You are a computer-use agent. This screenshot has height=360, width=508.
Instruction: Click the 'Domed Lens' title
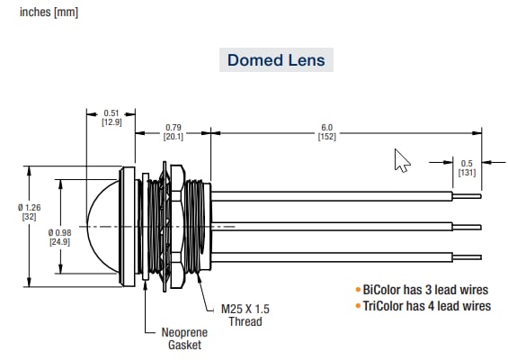[276, 61]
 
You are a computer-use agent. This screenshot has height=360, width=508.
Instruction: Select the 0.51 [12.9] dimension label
[111, 117]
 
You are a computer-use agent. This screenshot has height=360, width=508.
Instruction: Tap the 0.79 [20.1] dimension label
[172, 131]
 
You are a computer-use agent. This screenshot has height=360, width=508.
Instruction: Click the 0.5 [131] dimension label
[466, 166]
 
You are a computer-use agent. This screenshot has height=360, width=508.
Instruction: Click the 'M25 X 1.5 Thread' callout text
[245, 315]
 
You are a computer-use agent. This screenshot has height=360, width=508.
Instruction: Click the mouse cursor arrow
[401, 161]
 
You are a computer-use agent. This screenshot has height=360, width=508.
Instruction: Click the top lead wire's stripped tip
[467, 194]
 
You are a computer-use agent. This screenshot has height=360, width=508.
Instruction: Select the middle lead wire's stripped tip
[467, 224]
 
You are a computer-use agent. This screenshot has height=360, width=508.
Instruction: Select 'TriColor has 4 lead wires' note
[426, 306]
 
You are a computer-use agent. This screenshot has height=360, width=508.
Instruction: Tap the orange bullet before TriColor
[357, 306]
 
